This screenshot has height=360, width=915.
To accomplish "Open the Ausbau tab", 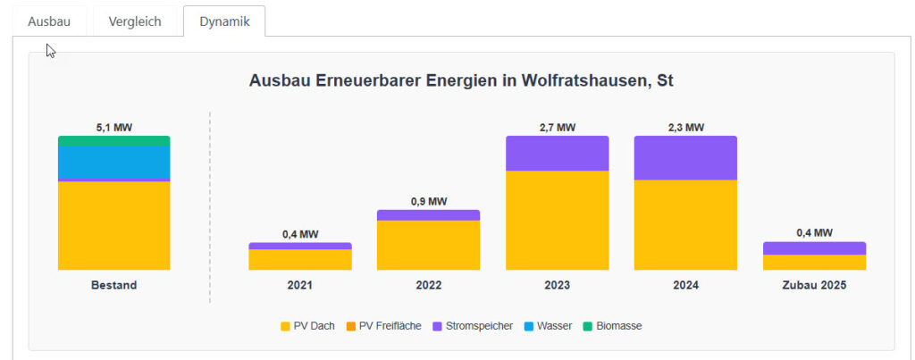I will (49, 21).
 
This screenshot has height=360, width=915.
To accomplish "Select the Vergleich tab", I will (135, 21).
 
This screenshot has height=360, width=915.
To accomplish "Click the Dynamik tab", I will (224, 21).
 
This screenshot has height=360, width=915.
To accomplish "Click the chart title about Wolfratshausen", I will (461, 80).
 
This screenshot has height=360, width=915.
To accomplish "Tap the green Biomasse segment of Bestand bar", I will (113, 141).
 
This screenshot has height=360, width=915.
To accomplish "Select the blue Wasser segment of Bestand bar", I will (113, 163).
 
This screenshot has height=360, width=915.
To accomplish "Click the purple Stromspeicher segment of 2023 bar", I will (557, 153).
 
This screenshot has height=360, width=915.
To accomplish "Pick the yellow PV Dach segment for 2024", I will (685, 224).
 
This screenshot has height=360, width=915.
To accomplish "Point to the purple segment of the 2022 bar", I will (428, 215).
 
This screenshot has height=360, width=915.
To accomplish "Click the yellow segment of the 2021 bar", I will (300, 259).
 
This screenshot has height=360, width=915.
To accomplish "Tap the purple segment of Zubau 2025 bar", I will (814, 248).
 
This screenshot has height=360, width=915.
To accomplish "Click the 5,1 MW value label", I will (113, 128).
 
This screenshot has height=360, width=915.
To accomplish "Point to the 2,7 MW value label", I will (557, 128).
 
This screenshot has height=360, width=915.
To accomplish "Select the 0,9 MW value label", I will (428, 202).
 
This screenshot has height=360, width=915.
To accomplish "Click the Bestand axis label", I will (113, 286).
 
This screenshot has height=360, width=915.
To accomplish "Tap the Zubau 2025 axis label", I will (814, 286).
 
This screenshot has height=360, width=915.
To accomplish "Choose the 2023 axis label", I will (557, 286).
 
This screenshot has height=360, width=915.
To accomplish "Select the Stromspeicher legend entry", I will (474, 326).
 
